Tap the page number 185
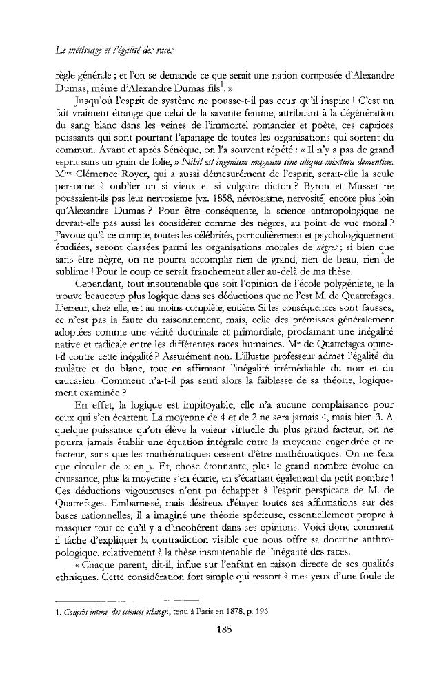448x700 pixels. click(x=223, y=628)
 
